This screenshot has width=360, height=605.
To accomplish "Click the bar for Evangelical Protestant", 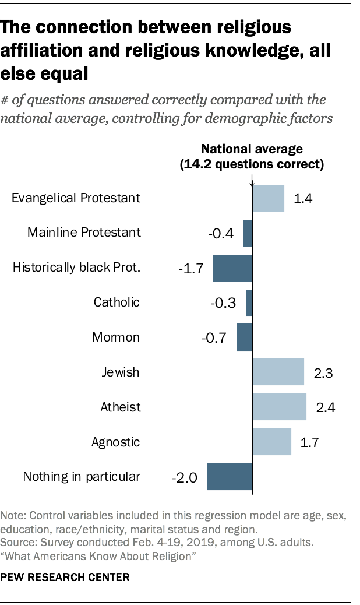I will [268, 198].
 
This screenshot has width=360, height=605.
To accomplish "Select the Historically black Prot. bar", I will [232, 268].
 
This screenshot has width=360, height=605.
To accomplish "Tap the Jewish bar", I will [278, 372].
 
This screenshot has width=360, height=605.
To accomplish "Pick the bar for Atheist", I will [279, 407].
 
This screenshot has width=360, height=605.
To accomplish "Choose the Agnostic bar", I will [271, 442].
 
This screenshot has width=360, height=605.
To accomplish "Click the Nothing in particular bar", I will [230, 477].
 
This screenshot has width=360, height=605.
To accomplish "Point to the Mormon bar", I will [244, 337].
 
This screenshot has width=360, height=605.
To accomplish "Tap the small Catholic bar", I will [249, 302].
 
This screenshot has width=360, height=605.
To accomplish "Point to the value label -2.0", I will [185, 479].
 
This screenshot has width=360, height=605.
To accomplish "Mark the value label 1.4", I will [303, 199].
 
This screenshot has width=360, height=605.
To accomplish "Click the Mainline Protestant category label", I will [84, 233].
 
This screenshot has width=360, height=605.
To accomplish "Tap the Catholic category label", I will [117, 302].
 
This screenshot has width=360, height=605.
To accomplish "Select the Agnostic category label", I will [116, 442].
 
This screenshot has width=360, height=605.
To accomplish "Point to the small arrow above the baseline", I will [252, 183].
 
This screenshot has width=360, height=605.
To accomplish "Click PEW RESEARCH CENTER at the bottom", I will [65, 577].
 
